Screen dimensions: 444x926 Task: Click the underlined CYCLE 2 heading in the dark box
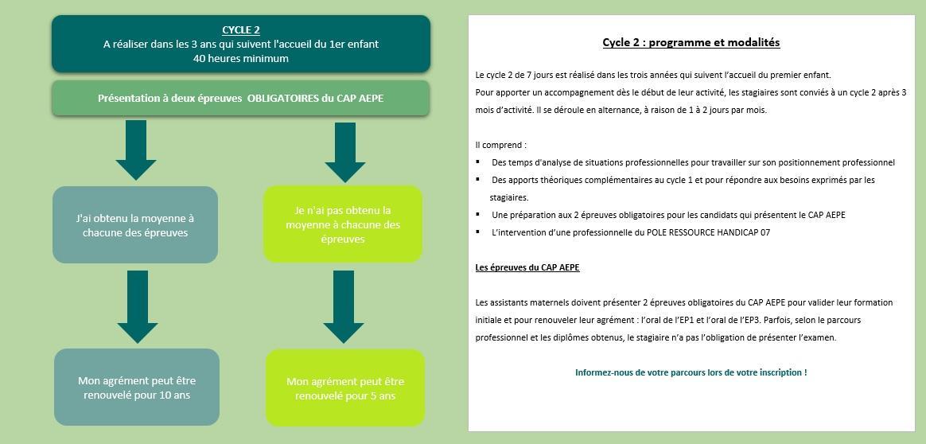click(x=240, y=30)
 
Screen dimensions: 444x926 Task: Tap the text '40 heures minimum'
click(x=240, y=58)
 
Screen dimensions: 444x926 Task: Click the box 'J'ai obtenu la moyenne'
click(x=135, y=225)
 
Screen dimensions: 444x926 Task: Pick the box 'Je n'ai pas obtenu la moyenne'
click(x=343, y=224)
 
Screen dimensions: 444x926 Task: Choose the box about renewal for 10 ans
click(x=137, y=388)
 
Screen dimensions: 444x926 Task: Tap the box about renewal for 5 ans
click(x=345, y=388)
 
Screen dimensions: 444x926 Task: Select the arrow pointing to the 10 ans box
click(x=137, y=306)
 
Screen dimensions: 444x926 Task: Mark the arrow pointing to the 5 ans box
click(x=344, y=306)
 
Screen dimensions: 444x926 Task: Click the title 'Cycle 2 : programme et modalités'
click(x=691, y=42)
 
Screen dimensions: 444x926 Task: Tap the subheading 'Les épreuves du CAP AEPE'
click(x=527, y=267)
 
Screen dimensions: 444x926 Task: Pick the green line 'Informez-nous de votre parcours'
click(x=691, y=372)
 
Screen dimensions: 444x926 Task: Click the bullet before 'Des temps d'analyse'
click(x=478, y=162)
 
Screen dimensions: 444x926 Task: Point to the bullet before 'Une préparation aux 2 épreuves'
click(x=478, y=214)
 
